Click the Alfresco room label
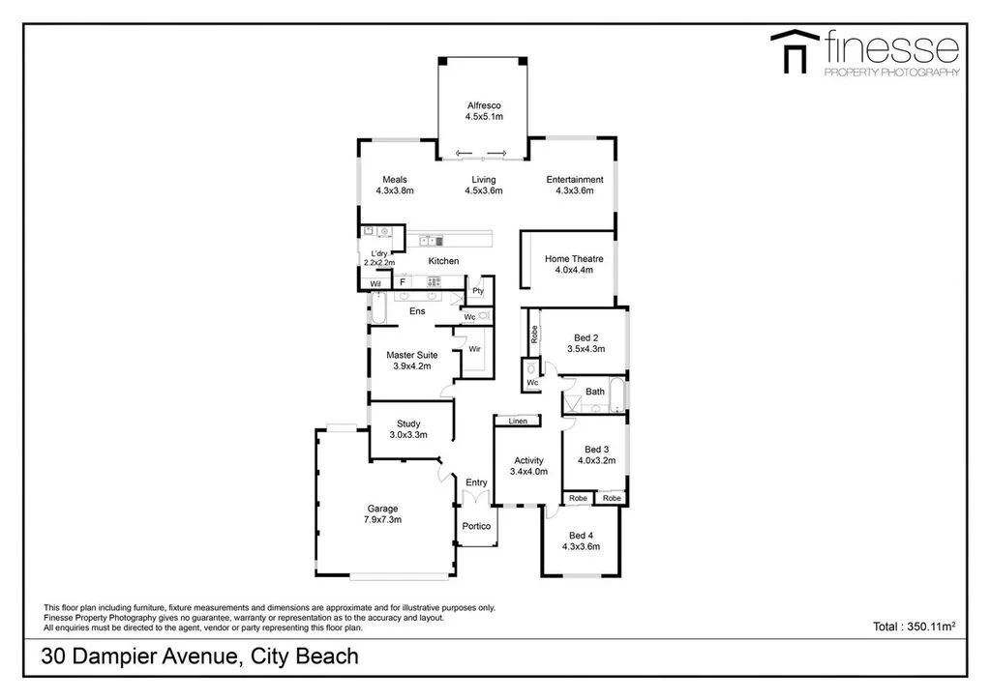(483, 105)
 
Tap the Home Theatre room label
(574, 258)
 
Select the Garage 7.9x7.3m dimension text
(382, 520)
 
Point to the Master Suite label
(412, 355)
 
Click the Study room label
(408, 423)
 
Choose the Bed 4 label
(581, 536)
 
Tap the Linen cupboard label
(518, 422)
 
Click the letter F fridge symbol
(403, 282)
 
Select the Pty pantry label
(478, 291)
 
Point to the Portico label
(476, 526)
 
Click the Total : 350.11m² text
(914, 627)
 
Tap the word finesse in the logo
(890, 45)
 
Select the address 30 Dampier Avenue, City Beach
(200, 657)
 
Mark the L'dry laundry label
(378, 253)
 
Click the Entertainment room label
(575, 180)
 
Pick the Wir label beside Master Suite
(475, 348)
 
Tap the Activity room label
(528, 460)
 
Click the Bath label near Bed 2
(595, 392)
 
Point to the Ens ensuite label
(417, 311)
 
